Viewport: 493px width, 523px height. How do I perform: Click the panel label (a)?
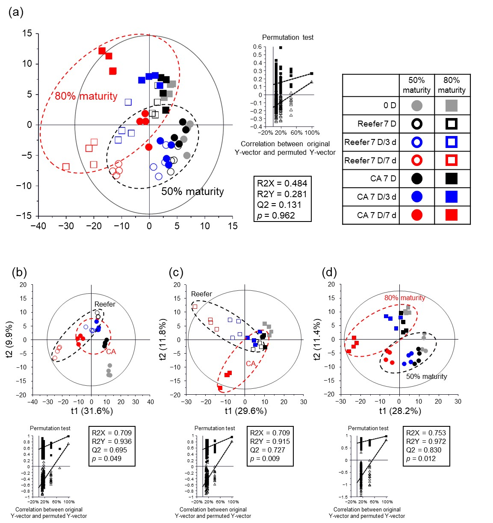[16, 12]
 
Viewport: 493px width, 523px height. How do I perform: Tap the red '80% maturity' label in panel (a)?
[86, 96]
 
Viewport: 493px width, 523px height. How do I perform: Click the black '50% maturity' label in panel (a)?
[192, 192]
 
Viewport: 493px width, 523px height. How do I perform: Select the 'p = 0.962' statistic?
[276, 215]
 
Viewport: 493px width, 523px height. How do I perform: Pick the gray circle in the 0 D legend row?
[416, 106]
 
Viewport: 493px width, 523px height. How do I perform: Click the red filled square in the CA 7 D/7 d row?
[452, 215]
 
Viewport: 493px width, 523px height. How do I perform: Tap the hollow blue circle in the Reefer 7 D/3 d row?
[416, 142]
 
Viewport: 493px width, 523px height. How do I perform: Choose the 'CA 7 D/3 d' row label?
[376, 197]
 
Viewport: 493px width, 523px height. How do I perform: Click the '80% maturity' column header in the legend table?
[452, 85]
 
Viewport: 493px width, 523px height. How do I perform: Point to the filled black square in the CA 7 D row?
[452, 178]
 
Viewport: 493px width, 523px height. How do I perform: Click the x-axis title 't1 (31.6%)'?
[92, 411]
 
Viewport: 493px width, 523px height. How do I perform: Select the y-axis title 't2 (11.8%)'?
[163, 339]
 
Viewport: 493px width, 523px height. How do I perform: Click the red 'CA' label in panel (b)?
[111, 352]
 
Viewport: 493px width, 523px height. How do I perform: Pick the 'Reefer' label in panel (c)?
[201, 294]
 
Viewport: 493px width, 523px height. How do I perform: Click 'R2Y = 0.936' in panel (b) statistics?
[112, 441]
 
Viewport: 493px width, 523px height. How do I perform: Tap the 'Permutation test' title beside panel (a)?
[287, 38]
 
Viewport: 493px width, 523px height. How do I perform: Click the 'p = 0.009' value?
[265, 458]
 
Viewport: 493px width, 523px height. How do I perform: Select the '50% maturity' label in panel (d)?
[426, 376]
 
